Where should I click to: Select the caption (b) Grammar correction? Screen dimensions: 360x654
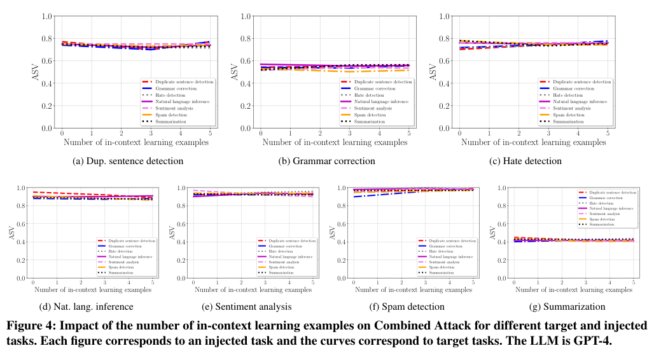(x=328, y=161)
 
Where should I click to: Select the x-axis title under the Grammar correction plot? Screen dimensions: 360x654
(x=334, y=143)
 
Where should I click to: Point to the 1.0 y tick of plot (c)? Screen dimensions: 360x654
(x=447, y=16)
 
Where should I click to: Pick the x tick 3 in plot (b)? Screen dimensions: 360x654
(x=349, y=134)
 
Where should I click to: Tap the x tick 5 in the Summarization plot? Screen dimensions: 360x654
(x=634, y=282)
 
